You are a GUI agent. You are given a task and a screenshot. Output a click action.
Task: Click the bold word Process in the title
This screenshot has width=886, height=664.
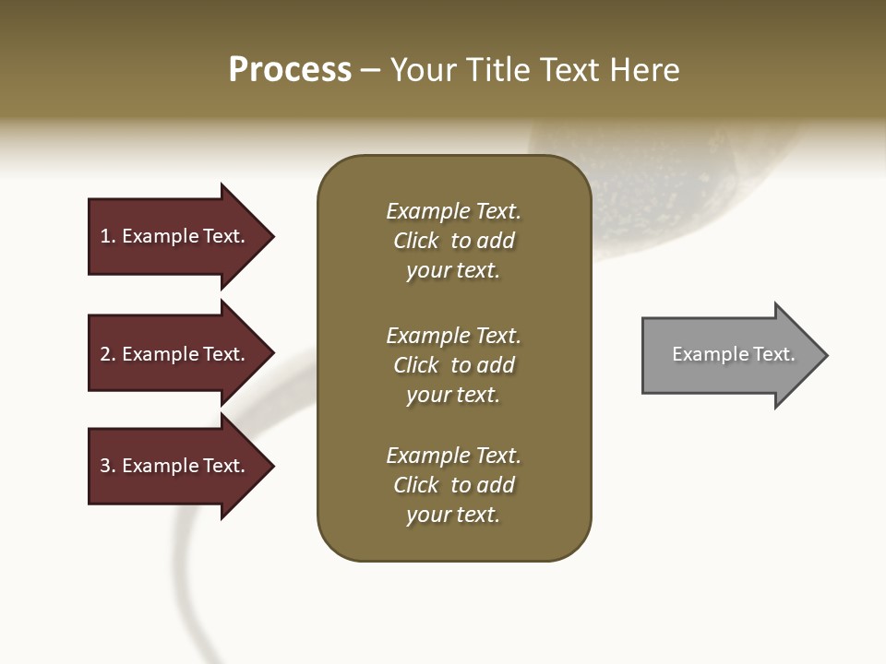[290, 70]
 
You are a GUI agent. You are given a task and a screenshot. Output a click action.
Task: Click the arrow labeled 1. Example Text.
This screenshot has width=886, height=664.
[175, 236]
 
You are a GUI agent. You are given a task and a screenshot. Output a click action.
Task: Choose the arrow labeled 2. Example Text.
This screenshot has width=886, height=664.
[175, 354]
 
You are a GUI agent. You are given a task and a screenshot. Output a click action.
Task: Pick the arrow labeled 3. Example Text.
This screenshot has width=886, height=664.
[175, 466]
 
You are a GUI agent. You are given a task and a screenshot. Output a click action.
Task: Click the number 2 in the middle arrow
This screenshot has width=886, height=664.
[105, 354]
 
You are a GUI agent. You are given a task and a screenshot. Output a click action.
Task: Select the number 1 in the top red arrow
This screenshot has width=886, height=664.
[105, 236]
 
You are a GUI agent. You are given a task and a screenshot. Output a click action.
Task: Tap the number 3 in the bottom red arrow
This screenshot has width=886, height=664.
[105, 466]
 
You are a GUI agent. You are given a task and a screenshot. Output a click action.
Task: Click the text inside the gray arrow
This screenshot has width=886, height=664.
[733, 354]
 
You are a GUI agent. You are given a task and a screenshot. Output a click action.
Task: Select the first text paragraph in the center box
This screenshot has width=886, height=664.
[453, 241]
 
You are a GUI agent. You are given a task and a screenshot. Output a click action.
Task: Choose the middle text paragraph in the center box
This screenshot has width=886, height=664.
[453, 365]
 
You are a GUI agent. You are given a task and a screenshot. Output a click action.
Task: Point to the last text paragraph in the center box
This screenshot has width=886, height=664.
[453, 485]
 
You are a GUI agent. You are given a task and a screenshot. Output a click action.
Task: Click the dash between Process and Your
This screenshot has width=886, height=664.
[371, 71]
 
